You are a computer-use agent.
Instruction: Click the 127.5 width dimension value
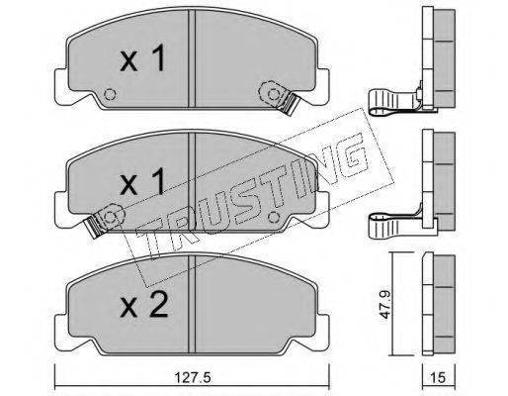[x=192, y=377]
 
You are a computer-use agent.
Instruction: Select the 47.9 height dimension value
[x=384, y=304]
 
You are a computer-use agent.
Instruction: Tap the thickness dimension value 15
[x=438, y=377]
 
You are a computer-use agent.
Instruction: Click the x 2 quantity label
[x=144, y=305]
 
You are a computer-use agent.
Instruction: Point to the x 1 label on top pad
[x=142, y=58]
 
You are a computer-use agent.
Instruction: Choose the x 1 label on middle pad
[x=142, y=181]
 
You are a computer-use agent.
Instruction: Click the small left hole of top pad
[x=110, y=95]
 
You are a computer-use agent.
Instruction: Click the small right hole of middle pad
[x=274, y=217]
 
